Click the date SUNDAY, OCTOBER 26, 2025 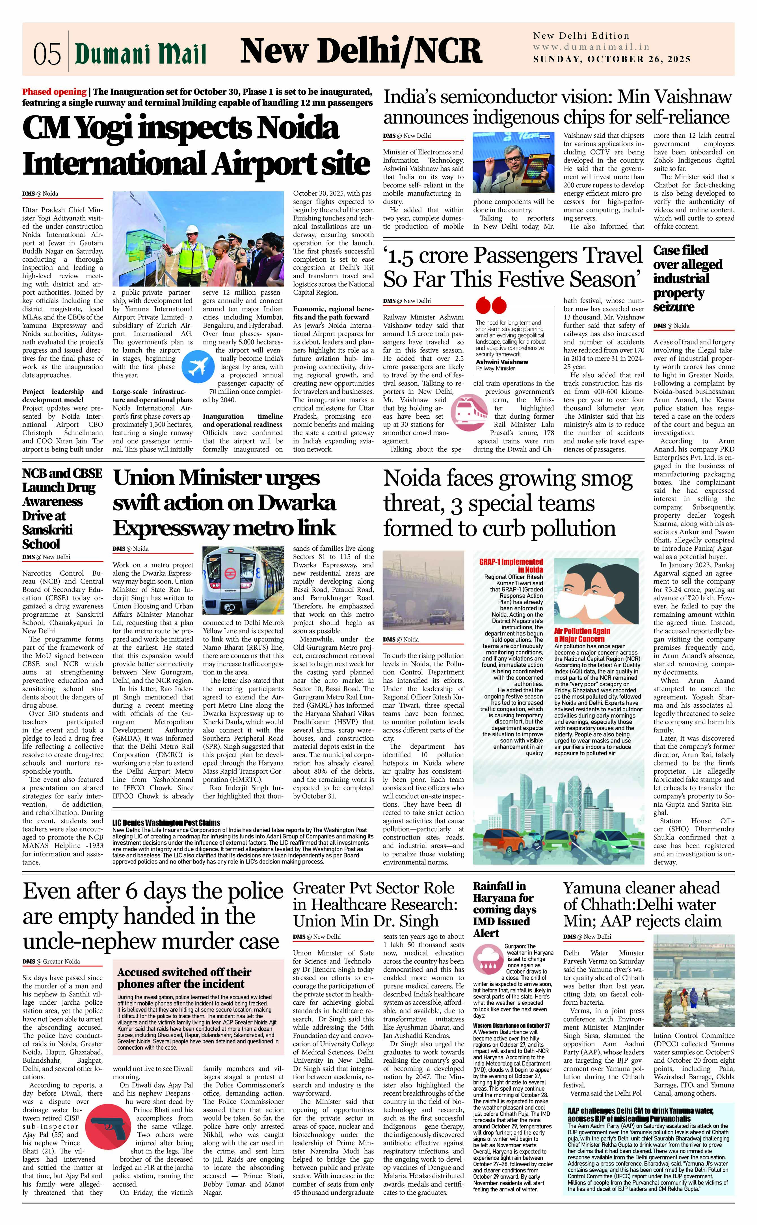[x=611, y=59]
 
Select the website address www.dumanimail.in [x=591, y=47]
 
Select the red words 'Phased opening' [x=54, y=92]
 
